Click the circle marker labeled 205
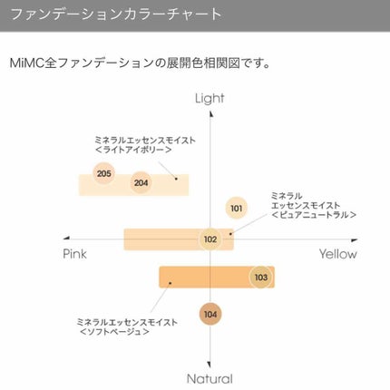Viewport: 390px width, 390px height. click(x=103, y=173)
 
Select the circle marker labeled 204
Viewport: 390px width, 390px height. click(x=141, y=183)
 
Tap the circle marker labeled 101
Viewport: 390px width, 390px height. click(x=237, y=209)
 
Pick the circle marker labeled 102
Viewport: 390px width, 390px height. click(x=210, y=239)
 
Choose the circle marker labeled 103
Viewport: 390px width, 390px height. click(x=261, y=277)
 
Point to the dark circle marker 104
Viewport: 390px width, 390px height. click(x=210, y=314)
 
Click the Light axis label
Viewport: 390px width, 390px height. click(x=210, y=98)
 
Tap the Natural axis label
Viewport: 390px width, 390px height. click(x=210, y=379)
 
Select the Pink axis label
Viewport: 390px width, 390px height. click(x=74, y=255)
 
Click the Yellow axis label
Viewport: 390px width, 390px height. click(x=337, y=255)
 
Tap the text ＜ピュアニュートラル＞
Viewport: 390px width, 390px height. click(x=314, y=215)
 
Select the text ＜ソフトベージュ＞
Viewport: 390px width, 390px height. click(x=114, y=331)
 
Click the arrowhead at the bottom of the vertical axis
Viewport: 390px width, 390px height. click(x=210, y=365)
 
